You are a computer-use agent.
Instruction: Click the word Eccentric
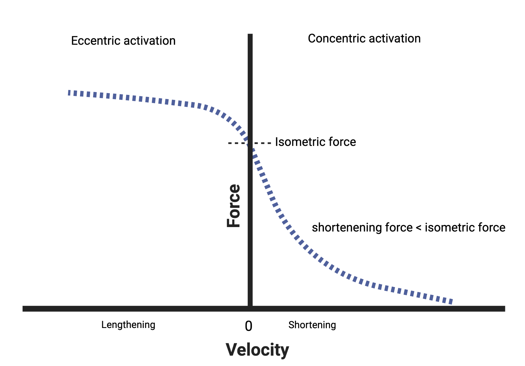coord(96,41)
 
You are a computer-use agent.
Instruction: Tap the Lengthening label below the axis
coord(128,325)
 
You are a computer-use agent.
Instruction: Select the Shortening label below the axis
coord(312,325)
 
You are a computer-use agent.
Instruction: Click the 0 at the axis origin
coord(249,326)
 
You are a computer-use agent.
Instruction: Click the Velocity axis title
coord(257,349)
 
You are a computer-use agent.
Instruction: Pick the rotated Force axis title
coord(233,206)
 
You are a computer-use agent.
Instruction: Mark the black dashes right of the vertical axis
coord(263,143)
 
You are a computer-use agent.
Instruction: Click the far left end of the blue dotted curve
coord(69,93)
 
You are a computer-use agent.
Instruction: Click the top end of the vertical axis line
coord(250,34)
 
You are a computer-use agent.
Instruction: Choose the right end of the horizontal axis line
coord(504,309)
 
